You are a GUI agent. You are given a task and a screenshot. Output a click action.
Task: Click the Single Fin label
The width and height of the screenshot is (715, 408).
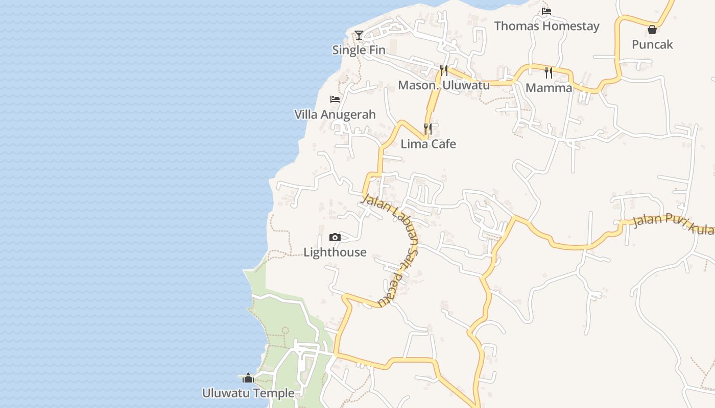(x=359, y=50)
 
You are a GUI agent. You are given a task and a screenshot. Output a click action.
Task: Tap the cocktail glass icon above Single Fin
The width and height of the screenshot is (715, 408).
(x=359, y=35)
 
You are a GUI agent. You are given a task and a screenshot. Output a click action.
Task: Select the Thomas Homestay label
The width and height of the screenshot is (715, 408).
(x=546, y=26)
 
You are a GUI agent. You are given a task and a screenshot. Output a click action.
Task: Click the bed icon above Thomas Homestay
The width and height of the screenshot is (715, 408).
(x=546, y=11)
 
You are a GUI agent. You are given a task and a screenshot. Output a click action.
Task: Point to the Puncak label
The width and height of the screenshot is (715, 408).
(x=652, y=44)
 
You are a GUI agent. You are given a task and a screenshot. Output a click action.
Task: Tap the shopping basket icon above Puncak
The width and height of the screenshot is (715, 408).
(x=652, y=30)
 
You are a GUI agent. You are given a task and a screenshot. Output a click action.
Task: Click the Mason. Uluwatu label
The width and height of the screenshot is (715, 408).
(x=443, y=85)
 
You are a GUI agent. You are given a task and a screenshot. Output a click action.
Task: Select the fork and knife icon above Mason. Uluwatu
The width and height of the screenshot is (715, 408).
(x=444, y=70)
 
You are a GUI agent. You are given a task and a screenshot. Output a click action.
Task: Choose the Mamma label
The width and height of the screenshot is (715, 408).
(x=549, y=88)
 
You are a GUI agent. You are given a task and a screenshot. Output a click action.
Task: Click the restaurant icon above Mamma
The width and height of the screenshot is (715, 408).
(x=549, y=72)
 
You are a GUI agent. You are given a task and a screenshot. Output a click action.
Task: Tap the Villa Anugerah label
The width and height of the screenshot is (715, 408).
(x=335, y=115)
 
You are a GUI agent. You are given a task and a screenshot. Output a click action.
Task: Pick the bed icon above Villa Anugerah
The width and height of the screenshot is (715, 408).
(x=335, y=99)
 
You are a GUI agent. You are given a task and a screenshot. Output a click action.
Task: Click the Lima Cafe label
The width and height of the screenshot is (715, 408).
(x=428, y=144)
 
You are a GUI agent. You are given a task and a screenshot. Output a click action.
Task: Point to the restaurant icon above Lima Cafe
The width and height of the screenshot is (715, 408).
(x=428, y=129)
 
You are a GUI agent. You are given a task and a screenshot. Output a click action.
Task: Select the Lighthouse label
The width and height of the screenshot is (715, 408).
(x=335, y=252)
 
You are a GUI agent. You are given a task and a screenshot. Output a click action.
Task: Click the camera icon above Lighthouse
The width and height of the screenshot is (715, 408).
(x=335, y=237)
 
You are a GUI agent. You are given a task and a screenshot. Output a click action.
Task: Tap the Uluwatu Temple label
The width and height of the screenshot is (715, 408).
(x=248, y=393)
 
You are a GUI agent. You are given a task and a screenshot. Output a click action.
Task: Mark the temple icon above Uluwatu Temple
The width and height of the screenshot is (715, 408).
(x=248, y=378)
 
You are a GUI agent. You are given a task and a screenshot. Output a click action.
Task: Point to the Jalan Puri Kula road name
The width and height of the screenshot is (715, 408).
(x=673, y=224)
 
